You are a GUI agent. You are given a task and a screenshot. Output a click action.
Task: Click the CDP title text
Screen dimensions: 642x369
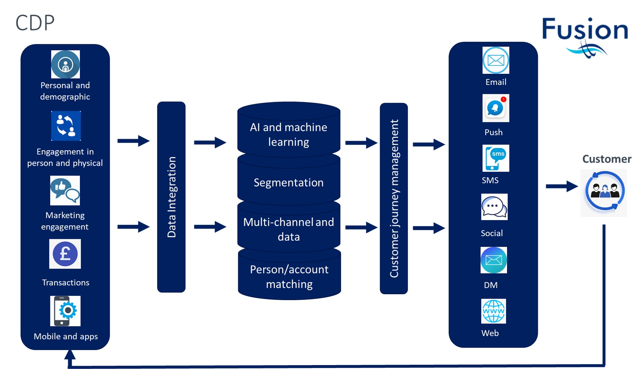pos(35,23)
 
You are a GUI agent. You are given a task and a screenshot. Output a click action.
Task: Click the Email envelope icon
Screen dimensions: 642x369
pos(496,60)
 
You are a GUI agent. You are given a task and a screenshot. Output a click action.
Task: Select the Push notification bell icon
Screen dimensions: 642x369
pos(496,108)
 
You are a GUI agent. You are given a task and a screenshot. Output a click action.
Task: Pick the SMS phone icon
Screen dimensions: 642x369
pos(496,158)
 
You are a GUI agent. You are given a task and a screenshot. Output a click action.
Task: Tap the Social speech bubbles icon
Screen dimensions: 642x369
pos(494,207)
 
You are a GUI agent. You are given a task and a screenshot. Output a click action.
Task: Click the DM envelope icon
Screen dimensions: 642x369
pos(494,260)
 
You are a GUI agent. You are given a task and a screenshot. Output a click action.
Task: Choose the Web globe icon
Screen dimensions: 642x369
pos(493,311)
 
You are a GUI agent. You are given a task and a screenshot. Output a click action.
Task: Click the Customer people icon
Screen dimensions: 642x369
pos(604,193)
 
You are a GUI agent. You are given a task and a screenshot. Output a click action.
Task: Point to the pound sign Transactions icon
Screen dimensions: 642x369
pos(65,254)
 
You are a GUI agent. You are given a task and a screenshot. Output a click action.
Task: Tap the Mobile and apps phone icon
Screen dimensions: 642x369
pos(65,311)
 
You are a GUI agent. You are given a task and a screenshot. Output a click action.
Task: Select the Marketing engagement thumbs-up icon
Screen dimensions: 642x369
pos(65,190)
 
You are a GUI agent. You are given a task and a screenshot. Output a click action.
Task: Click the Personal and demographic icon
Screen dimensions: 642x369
pos(66,64)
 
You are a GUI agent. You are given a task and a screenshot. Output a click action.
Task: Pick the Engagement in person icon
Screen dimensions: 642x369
pos(66,126)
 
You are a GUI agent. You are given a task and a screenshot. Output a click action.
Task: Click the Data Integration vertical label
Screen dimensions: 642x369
pos(172,197)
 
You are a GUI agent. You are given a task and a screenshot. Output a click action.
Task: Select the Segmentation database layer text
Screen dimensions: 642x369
pos(289,182)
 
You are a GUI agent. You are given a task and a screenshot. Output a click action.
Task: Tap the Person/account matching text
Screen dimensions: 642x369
pos(289,277)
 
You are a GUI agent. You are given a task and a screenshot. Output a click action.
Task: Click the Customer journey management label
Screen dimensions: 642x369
pos(394,198)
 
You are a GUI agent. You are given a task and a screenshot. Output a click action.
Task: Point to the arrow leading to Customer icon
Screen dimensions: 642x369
pos(562,186)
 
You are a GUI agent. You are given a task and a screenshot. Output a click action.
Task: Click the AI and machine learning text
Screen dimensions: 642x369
pos(289,134)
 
